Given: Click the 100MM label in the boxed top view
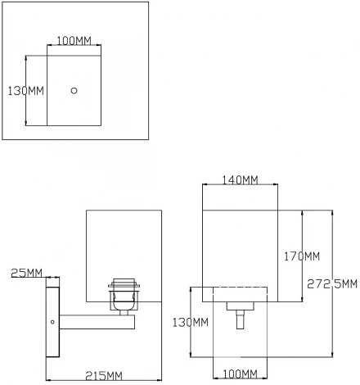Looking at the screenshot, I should click(x=73, y=41).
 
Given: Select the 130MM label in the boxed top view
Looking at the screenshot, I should click(x=25, y=90).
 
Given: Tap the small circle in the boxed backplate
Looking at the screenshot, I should click(x=74, y=90).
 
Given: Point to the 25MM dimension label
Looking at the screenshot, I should click(x=29, y=272).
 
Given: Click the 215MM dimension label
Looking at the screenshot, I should click(x=102, y=375).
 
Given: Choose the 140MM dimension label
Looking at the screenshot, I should click(x=239, y=180).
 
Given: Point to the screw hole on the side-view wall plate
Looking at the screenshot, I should click(x=53, y=322).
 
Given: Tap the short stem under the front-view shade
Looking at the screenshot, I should click(x=240, y=317).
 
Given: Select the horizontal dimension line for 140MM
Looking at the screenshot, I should click(x=240, y=187).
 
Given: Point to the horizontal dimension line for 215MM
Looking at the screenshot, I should click(x=102, y=381).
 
